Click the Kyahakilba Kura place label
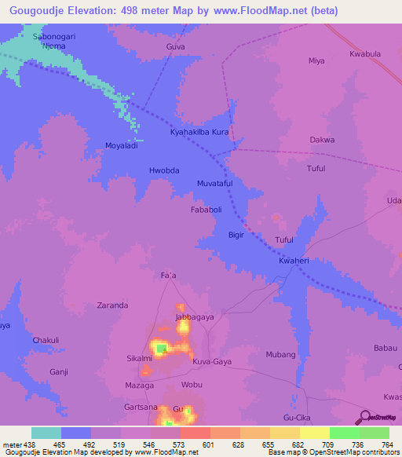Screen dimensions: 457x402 (x=199, y=132)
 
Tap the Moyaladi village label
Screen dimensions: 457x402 (x=122, y=146)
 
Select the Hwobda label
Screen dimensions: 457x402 (x=164, y=170)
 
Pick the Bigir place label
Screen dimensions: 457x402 (x=236, y=235)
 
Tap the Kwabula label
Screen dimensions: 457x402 (x=365, y=55)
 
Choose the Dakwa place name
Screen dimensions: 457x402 (x=322, y=140)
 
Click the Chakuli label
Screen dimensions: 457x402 (x=46, y=340)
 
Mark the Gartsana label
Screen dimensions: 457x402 (x=141, y=408)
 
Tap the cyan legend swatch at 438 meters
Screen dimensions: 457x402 (x=46, y=433)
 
